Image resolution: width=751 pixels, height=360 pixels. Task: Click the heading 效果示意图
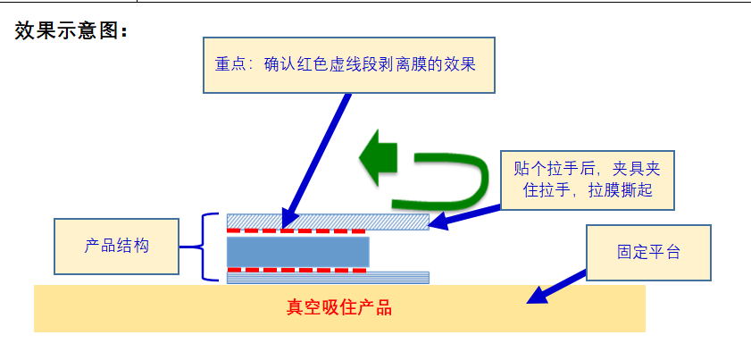72,31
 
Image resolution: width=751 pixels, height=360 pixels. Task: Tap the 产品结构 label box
116,247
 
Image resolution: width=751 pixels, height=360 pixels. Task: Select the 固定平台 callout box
648,253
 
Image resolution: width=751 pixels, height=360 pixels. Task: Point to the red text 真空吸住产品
339,309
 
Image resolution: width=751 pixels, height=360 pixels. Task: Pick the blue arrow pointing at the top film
464,215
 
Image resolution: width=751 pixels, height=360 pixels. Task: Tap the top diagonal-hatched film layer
393,221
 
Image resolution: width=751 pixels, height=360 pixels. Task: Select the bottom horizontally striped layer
393,277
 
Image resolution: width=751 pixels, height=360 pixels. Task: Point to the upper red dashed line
296,230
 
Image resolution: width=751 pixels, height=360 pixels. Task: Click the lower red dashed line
296,269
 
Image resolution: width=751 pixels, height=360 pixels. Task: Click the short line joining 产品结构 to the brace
188,247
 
